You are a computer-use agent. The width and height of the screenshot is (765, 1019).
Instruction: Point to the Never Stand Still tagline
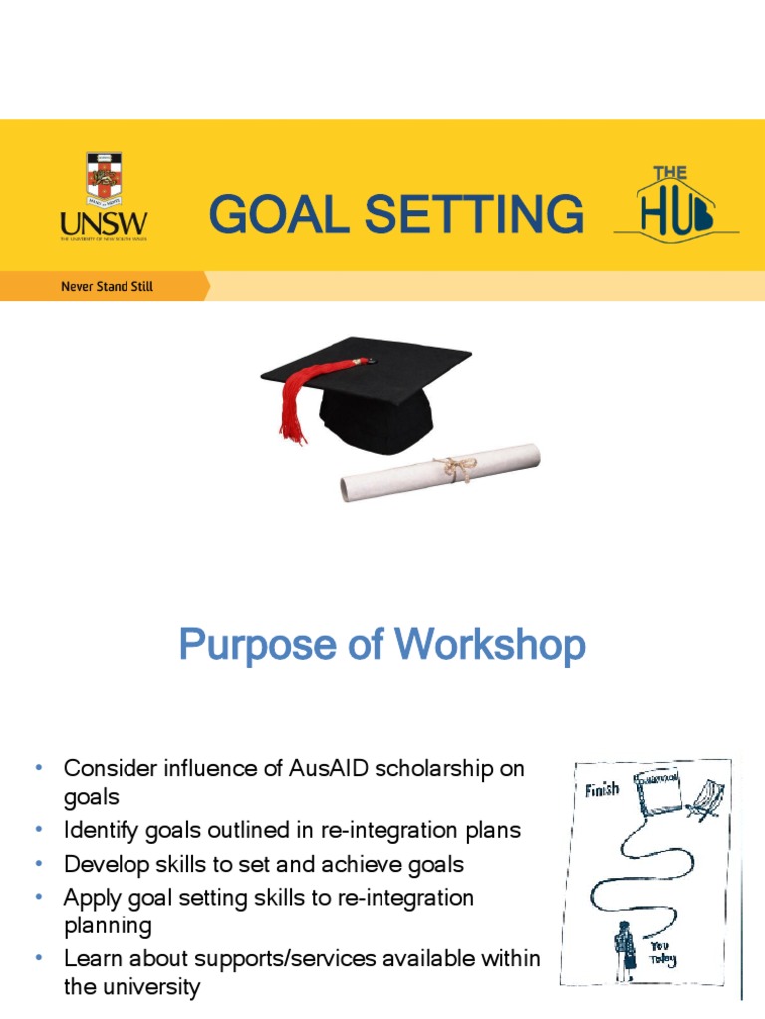pos(107,287)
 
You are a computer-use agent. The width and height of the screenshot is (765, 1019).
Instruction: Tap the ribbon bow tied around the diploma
pos(457,468)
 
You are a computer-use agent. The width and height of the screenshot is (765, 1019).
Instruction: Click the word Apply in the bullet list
pos(89,897)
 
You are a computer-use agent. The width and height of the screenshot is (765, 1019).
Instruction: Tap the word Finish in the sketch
pos(601,789)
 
